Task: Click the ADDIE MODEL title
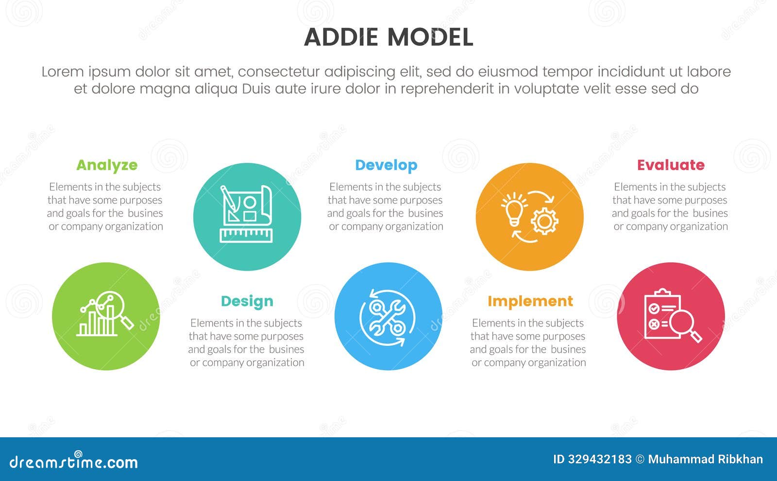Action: click(x=388, y=37)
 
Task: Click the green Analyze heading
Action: click(x=107, y=165)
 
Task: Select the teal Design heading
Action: click(x=247, y=301)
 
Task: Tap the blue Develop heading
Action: click(x=386, y=165)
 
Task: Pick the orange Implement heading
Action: click(x=530, y=301)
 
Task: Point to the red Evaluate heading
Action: click(x=670, y=165)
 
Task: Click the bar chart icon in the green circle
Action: click(x=97, y=322)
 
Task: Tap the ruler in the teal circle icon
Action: click(x=246, y=236)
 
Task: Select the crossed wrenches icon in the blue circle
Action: click(x=387, y=317)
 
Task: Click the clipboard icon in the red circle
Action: click(x=659, y=315)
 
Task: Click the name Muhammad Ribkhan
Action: click(x=705, y=459)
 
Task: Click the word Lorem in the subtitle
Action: click(x=63, y=72)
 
